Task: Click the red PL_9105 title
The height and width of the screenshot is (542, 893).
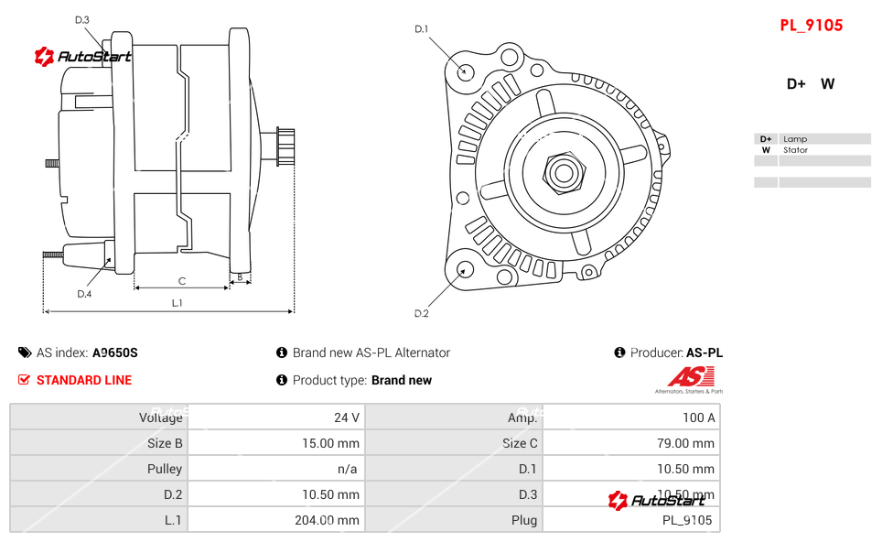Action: (811, 26)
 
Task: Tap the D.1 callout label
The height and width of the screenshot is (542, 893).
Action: (421, 29)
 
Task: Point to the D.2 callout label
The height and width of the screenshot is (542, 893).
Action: (421, 313)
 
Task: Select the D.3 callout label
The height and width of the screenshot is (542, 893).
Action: (81, 19)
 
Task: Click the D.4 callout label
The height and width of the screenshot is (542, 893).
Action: (84, 294)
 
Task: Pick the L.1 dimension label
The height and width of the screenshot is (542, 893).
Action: (177, 302)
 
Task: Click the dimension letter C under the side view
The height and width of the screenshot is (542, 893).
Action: (182, 281)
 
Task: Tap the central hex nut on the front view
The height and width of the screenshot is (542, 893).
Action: (564, 171)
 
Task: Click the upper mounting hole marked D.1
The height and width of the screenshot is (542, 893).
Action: (465, 70)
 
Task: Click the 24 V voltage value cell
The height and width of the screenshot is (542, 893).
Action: (347, 417)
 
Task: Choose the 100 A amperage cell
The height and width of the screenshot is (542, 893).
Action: (699, 417)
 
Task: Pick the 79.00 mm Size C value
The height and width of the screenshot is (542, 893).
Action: (691, 443)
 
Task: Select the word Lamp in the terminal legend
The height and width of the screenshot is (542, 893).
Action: (794, 139)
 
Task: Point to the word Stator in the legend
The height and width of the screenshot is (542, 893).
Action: (795, 150)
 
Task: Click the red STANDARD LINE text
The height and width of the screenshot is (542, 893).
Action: (84, 380)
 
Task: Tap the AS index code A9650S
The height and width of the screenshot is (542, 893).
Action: (115, 352)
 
